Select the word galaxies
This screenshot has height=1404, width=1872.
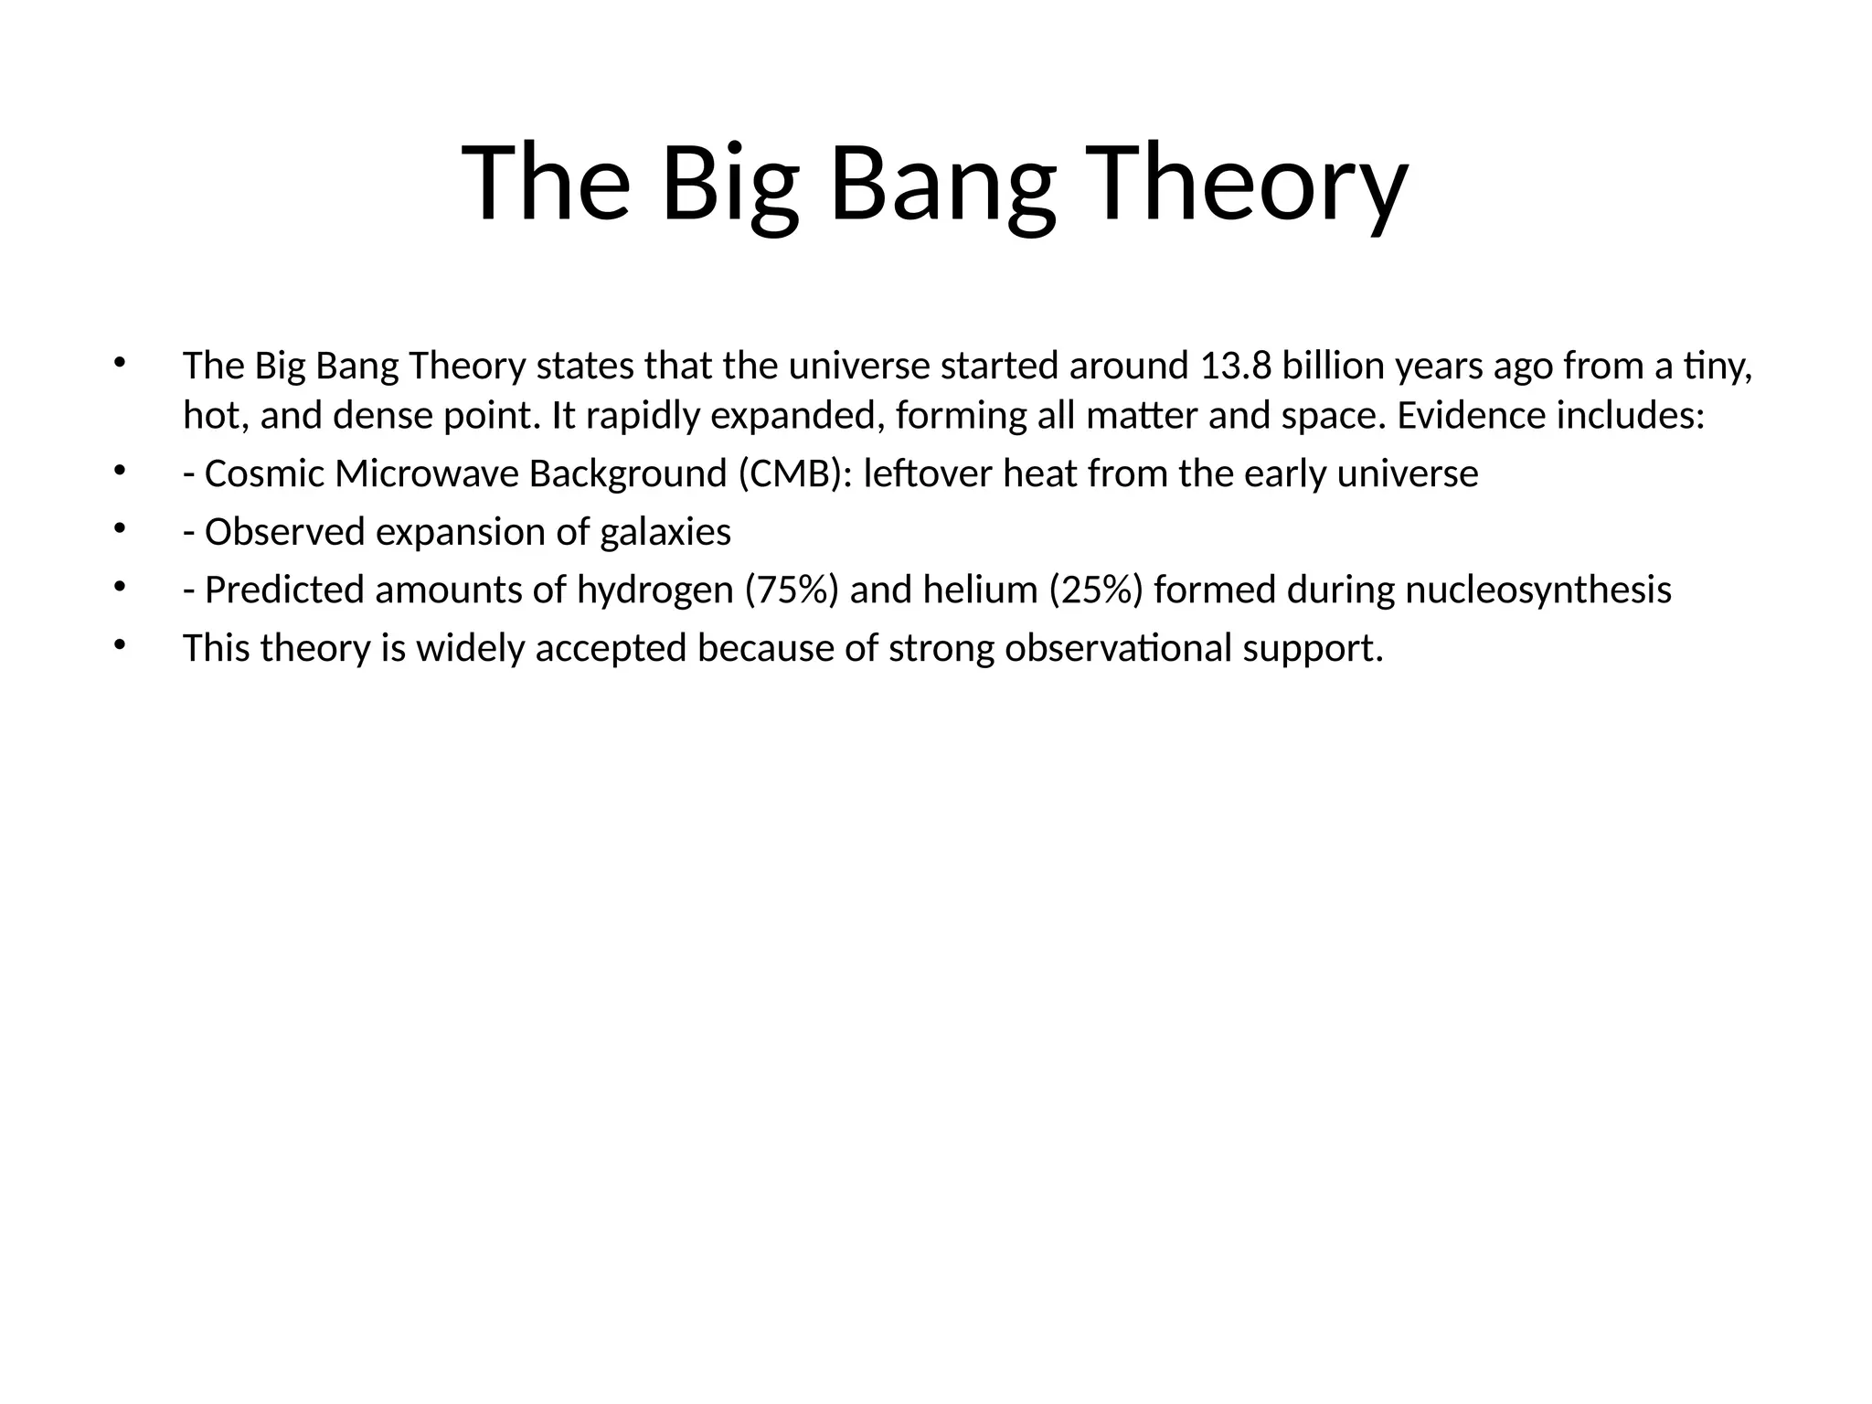665,532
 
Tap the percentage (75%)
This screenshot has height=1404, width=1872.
792,590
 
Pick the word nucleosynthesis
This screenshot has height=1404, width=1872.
1538,590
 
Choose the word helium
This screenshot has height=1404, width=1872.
980,590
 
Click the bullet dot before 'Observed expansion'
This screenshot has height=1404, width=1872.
118,528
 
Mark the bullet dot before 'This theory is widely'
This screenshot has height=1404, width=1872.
118,644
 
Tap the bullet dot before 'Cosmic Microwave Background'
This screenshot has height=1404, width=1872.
118,471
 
